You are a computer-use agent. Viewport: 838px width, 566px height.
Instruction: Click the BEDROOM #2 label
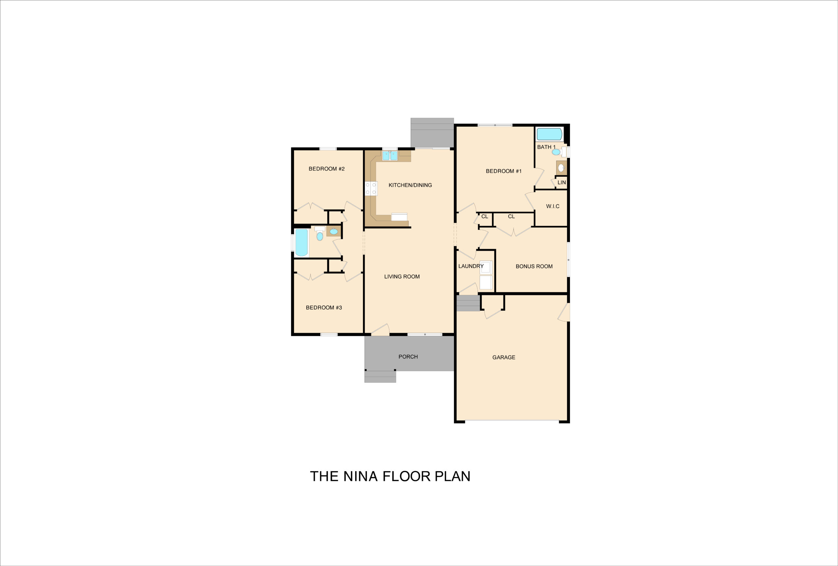(x=326, y=169)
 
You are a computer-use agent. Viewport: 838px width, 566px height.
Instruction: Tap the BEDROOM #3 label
(x=324, y=307)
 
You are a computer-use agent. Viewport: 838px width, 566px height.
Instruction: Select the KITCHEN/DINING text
(x=410, y=185)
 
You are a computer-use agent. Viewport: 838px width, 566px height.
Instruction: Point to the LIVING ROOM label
(x=402, y=277)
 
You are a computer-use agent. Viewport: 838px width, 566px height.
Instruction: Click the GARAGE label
(x=504, y=357)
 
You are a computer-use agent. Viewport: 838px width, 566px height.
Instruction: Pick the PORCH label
(x=408, y=356)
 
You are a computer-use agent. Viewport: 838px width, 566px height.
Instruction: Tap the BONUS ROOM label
(x=534, y=266)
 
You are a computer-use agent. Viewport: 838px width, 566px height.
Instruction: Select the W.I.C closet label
(x=553, y=206)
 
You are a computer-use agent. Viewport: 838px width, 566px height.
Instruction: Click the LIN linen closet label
(x=562, y=182)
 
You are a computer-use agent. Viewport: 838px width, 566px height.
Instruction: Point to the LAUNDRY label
(x=471, y=266)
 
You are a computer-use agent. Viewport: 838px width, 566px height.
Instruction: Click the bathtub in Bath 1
(x=549, y=134)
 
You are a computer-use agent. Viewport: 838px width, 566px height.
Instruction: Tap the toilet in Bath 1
(x=559, y=152)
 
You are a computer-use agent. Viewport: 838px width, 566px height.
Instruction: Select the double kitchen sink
(x=390, y=156)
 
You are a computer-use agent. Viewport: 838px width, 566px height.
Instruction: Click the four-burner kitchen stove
(x=371, y=189)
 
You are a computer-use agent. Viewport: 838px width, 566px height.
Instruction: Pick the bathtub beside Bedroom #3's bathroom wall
(x=301, y=243)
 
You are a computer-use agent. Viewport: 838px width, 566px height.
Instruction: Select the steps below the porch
(x=380, y=376)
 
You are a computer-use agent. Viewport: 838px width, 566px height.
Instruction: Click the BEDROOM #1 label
(x=504, y=171)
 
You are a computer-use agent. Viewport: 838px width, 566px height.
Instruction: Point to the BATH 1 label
(x=546, y=147)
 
